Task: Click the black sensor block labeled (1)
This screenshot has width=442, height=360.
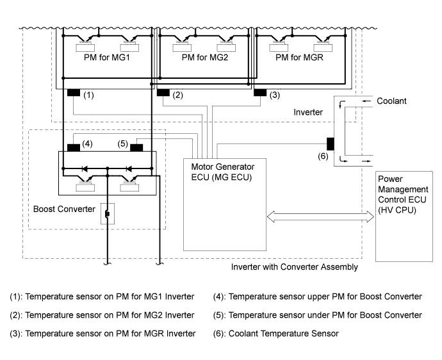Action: [73, 94]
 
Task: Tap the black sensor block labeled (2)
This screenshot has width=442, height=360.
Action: [163, 94]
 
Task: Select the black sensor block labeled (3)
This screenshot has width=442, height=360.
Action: [260, 94]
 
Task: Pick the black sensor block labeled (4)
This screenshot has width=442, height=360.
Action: [73, 147]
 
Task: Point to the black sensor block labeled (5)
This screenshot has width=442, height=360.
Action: [136, 147]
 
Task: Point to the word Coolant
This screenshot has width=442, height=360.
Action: [391, 101]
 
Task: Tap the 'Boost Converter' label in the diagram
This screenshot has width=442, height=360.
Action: [63, 209]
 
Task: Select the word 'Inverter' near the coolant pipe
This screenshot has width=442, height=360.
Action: [307, 112]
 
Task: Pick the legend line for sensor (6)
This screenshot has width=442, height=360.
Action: [275, 333]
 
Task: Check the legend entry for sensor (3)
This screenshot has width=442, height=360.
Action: [102, 333]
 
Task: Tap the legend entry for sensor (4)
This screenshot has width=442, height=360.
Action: [318, 297]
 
